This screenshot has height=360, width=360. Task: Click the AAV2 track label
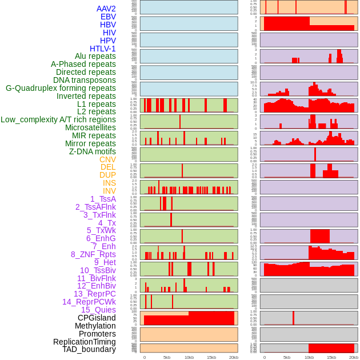click(x=106, y=9)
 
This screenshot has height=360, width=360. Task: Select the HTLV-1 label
click(x=103, y=49)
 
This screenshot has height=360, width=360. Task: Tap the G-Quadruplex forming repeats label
click(x=61, y=88)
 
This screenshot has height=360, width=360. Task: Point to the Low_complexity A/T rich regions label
click(x=58, y=119)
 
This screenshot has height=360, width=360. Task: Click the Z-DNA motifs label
click(x=93, y=151)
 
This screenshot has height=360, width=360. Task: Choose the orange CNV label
click(x=107, y=159)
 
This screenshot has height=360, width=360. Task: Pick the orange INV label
click(x=109, y=191)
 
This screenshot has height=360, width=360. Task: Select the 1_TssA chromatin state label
click(x=103, y=199)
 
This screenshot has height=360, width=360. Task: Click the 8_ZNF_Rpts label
click(x=93, y=254)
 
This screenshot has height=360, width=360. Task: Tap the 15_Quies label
click(x=98, y=310)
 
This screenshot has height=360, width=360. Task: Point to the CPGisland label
click(x=97, y=318)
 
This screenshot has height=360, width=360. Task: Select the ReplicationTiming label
click(x=84, y=342)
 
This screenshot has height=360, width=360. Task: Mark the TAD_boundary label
click(x=89, y=349)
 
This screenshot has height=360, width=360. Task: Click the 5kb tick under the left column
click(x=167, y=357)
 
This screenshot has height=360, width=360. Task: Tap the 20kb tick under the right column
click(x=354, y=357)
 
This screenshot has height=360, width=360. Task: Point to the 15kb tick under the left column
click(x=211, y=357)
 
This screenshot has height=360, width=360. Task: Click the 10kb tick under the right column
click(x=309, y=357)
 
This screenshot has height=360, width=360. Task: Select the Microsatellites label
click(x=90, y=127)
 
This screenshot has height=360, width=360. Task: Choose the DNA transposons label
click(x=85, y=80)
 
